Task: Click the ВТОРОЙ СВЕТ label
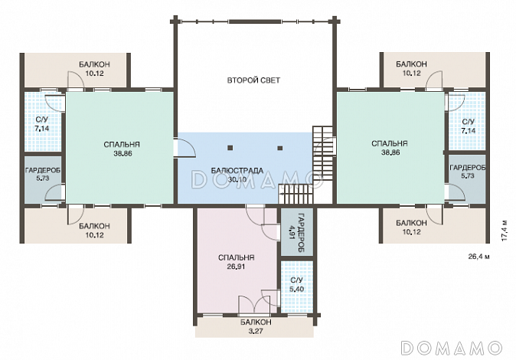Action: pyautogui.click(x=253, y=80)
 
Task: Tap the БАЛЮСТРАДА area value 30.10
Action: pyautogui.click(x=237, y=179)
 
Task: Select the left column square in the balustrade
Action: pyautogui.click(x=231, y=148)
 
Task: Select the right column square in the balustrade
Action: pyautogui.click(x=280, y=148)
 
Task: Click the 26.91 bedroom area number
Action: pyautogui.click(x=236, y=267)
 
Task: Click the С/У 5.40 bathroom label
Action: pyautogui.click(x=297, y=285)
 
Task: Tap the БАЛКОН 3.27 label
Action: pyautogui.click(x=256, y=326)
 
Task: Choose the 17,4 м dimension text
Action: pyautogui.click(x=505, y=230)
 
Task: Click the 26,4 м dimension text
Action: pyautogui.click(x=478, y=256)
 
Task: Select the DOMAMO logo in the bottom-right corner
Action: pyautogui.click(x=452, y=348)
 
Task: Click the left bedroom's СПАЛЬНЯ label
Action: pyautogui.click(x=122, y=145)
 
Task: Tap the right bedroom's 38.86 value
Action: pyautogui.click(x=390, y=152)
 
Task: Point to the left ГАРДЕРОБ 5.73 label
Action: pyautogui.click(x=43, y=174)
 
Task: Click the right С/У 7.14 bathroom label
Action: pyautogui.click(x=469, y=126)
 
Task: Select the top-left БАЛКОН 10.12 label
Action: pyautogui.click(x=94, y=69)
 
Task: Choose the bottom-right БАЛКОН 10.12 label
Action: pyautogui.click(x=411, y=227)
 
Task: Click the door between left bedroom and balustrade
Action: pyautogui.click(x=185, y=148)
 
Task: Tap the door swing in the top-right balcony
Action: pyautogui.click(x=434, y=80)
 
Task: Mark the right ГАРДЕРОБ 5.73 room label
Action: pyautogui.click(x=468, y=172)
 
